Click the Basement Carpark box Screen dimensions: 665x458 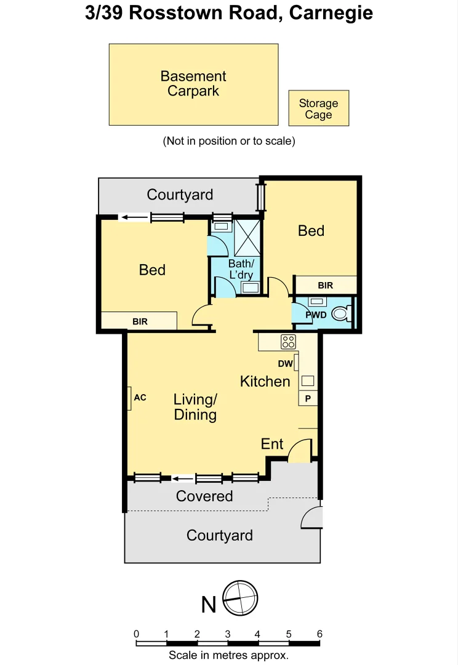(193, 84)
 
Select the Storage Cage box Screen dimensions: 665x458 (319, 108)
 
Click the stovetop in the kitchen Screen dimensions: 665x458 (288, 342)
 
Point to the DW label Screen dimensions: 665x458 (285, 364)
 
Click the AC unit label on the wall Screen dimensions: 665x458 (140, 398)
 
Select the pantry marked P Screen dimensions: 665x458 (308, 398)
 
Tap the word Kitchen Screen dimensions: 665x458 (265, 381)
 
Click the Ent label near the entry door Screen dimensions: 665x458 (272, 444)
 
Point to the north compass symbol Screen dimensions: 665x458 (239, 597)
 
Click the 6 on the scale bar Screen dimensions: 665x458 (319, 634)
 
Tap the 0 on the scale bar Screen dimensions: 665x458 (136, 634)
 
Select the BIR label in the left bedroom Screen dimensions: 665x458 (140, 321)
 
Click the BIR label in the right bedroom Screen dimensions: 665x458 (326, 285)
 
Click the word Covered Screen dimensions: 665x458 (204, 496)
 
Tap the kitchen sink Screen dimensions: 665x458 (307, 380)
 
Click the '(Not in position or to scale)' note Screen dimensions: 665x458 (229, 141)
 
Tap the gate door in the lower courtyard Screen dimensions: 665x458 (311, 518)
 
